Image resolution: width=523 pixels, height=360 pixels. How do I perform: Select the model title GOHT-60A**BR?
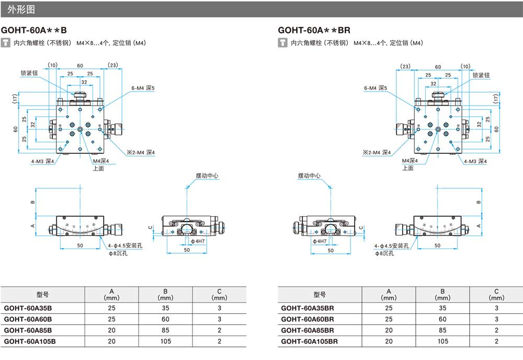(314, 30)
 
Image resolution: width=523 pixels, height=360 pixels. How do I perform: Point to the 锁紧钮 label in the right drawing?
(482, 75)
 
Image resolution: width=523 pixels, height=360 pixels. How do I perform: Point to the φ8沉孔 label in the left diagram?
(118, 253)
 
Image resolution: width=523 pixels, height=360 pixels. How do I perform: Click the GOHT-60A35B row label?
(28, 307)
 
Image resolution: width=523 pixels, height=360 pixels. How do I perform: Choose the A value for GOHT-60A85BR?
(389, 330)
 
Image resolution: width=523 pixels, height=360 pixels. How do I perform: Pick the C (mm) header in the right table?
(496, 294)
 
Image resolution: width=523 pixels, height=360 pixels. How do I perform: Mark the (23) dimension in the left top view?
(113, 65)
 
